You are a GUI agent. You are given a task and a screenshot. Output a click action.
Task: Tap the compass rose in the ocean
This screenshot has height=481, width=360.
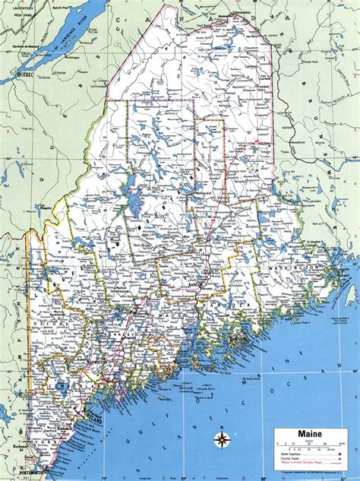pos(223,440)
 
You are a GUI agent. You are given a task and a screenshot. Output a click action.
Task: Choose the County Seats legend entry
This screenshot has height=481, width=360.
pos(291,458)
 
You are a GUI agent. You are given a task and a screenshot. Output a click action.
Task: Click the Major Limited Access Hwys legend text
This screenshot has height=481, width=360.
pos(300,464)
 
